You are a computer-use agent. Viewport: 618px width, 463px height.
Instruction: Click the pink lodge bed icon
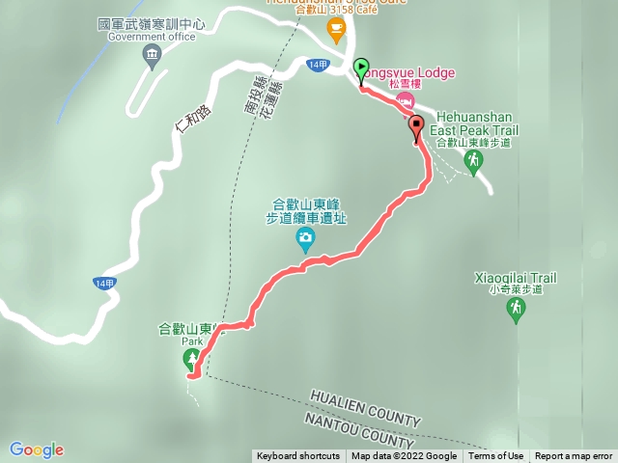pos(407,100)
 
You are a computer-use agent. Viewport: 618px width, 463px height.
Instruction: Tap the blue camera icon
pos(305,238)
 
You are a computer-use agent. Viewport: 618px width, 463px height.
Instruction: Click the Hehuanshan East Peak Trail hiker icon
pos(472,161)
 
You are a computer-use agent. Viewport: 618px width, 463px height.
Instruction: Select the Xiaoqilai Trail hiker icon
pos(517,309)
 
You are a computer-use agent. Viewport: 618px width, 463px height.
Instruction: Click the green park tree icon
pos(189,359)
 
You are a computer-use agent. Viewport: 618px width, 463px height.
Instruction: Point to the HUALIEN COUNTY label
pos(365,408)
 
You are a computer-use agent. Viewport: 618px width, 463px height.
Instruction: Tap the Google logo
pos(37,449)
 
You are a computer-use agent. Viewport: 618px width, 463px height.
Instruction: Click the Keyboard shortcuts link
pos(297,456)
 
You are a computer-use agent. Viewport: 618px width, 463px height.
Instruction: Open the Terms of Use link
pos(496,456)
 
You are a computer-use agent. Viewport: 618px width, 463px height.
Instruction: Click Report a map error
pos(574,456)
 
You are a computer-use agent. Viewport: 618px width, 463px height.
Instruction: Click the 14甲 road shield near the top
pos(318,64)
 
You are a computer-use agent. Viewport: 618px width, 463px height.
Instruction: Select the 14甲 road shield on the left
pos(105,283)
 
